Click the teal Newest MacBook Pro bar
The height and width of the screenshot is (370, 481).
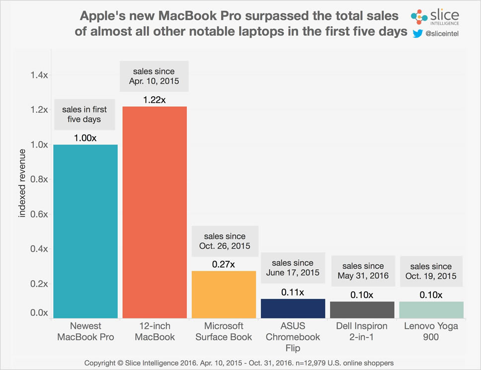coord(85,231)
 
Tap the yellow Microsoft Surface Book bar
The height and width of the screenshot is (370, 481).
coord(224,294)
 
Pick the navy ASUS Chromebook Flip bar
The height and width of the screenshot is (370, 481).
coord(293,308)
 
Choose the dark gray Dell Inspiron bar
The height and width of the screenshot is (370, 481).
coord(362,309)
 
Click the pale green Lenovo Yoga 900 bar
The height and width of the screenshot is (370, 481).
coord(431,309)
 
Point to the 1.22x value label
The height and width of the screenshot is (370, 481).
coord(154,100)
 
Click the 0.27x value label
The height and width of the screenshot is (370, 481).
coord(224,264)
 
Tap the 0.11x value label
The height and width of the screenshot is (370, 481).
coord(293,292)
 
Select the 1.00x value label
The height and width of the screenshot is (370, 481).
coord(85,138)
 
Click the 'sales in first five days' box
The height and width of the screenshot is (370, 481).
coord(85,114)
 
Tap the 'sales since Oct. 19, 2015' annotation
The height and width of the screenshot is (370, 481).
coord(431,271)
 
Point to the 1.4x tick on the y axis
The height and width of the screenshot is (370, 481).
coord(38,75)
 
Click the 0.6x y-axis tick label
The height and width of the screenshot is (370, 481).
coord(38,214)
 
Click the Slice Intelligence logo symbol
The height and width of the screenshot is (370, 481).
coord(419,16)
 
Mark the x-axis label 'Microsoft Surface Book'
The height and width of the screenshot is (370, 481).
coord(224,331)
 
